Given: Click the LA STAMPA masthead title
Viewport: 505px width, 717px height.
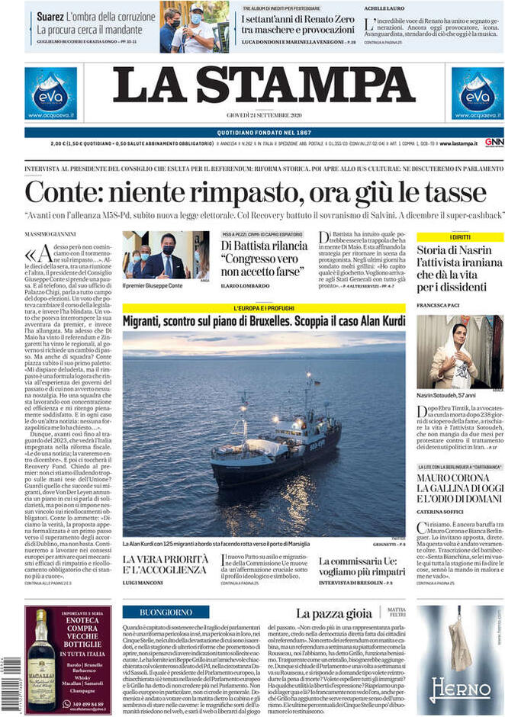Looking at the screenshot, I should click(264, 85).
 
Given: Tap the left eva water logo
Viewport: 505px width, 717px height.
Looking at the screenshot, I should click(50, 93).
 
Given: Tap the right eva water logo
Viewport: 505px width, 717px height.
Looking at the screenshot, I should click(477, 93).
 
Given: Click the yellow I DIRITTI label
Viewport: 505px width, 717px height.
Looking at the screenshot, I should click(459, 237).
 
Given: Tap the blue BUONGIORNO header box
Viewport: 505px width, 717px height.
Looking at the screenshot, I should click(166, 612).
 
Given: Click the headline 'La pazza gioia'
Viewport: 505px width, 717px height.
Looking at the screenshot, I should click(333, 613).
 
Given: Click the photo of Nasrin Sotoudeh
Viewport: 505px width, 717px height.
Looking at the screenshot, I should click(459, 352).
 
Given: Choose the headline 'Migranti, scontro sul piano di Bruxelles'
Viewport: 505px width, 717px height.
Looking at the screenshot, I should click(264, 321).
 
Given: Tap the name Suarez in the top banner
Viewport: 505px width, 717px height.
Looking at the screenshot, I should click(50, 16).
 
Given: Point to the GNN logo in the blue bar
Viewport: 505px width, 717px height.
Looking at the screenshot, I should click(494, 143).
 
